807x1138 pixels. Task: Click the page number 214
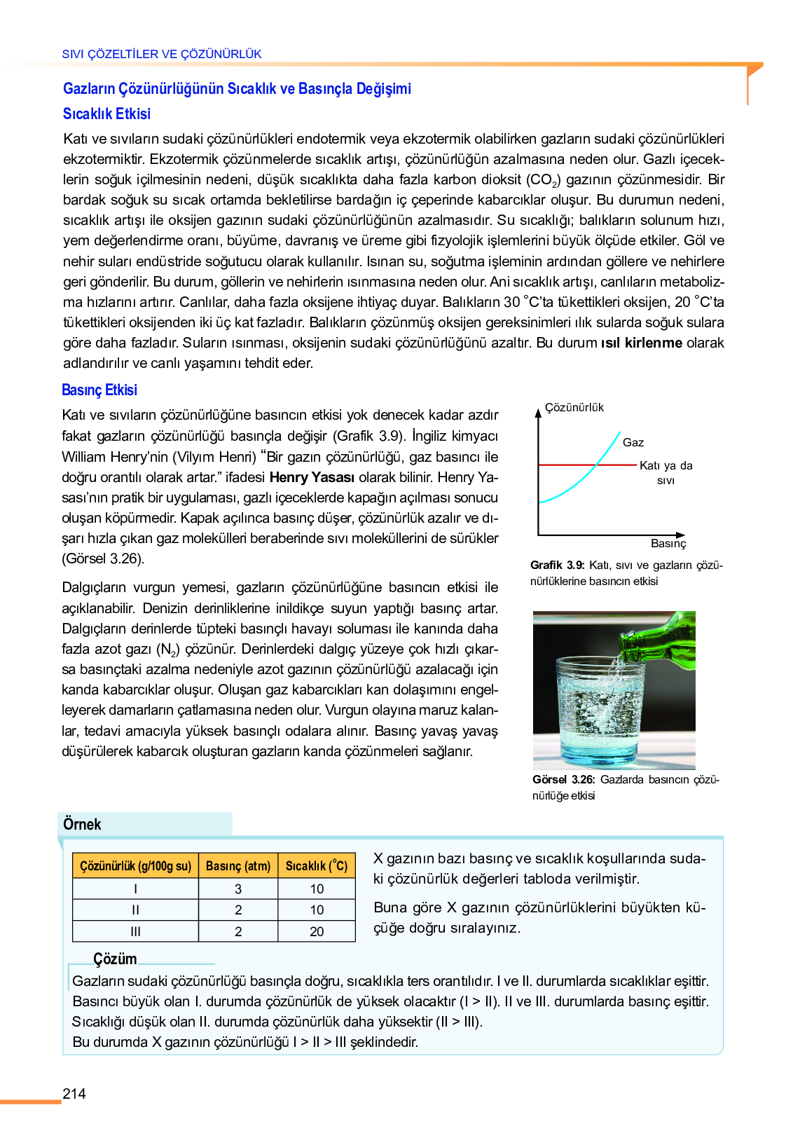pos(74,1094)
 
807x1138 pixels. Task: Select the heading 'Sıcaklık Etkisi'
pos(106,114)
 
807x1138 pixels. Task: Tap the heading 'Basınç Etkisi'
pos(99,390)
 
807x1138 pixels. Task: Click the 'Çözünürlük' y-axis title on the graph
pos(574,408)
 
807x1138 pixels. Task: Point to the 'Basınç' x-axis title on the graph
pos(668,544)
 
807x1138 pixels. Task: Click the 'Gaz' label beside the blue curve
pos(633,443)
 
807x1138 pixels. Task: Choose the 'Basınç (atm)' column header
pos(238,866)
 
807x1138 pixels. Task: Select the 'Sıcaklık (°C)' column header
pos(317,866)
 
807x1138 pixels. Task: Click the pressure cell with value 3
pos(238,889)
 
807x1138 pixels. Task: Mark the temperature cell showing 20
pos(317,932)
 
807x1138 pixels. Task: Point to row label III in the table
pos(135,932)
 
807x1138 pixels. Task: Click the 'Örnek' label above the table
pos(82,825)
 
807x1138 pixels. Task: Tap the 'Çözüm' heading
pos(115,959)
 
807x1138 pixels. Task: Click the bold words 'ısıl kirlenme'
pos(642,343)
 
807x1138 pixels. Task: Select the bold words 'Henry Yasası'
pos(312,478)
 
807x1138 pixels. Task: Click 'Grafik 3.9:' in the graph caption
pos(557,565)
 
